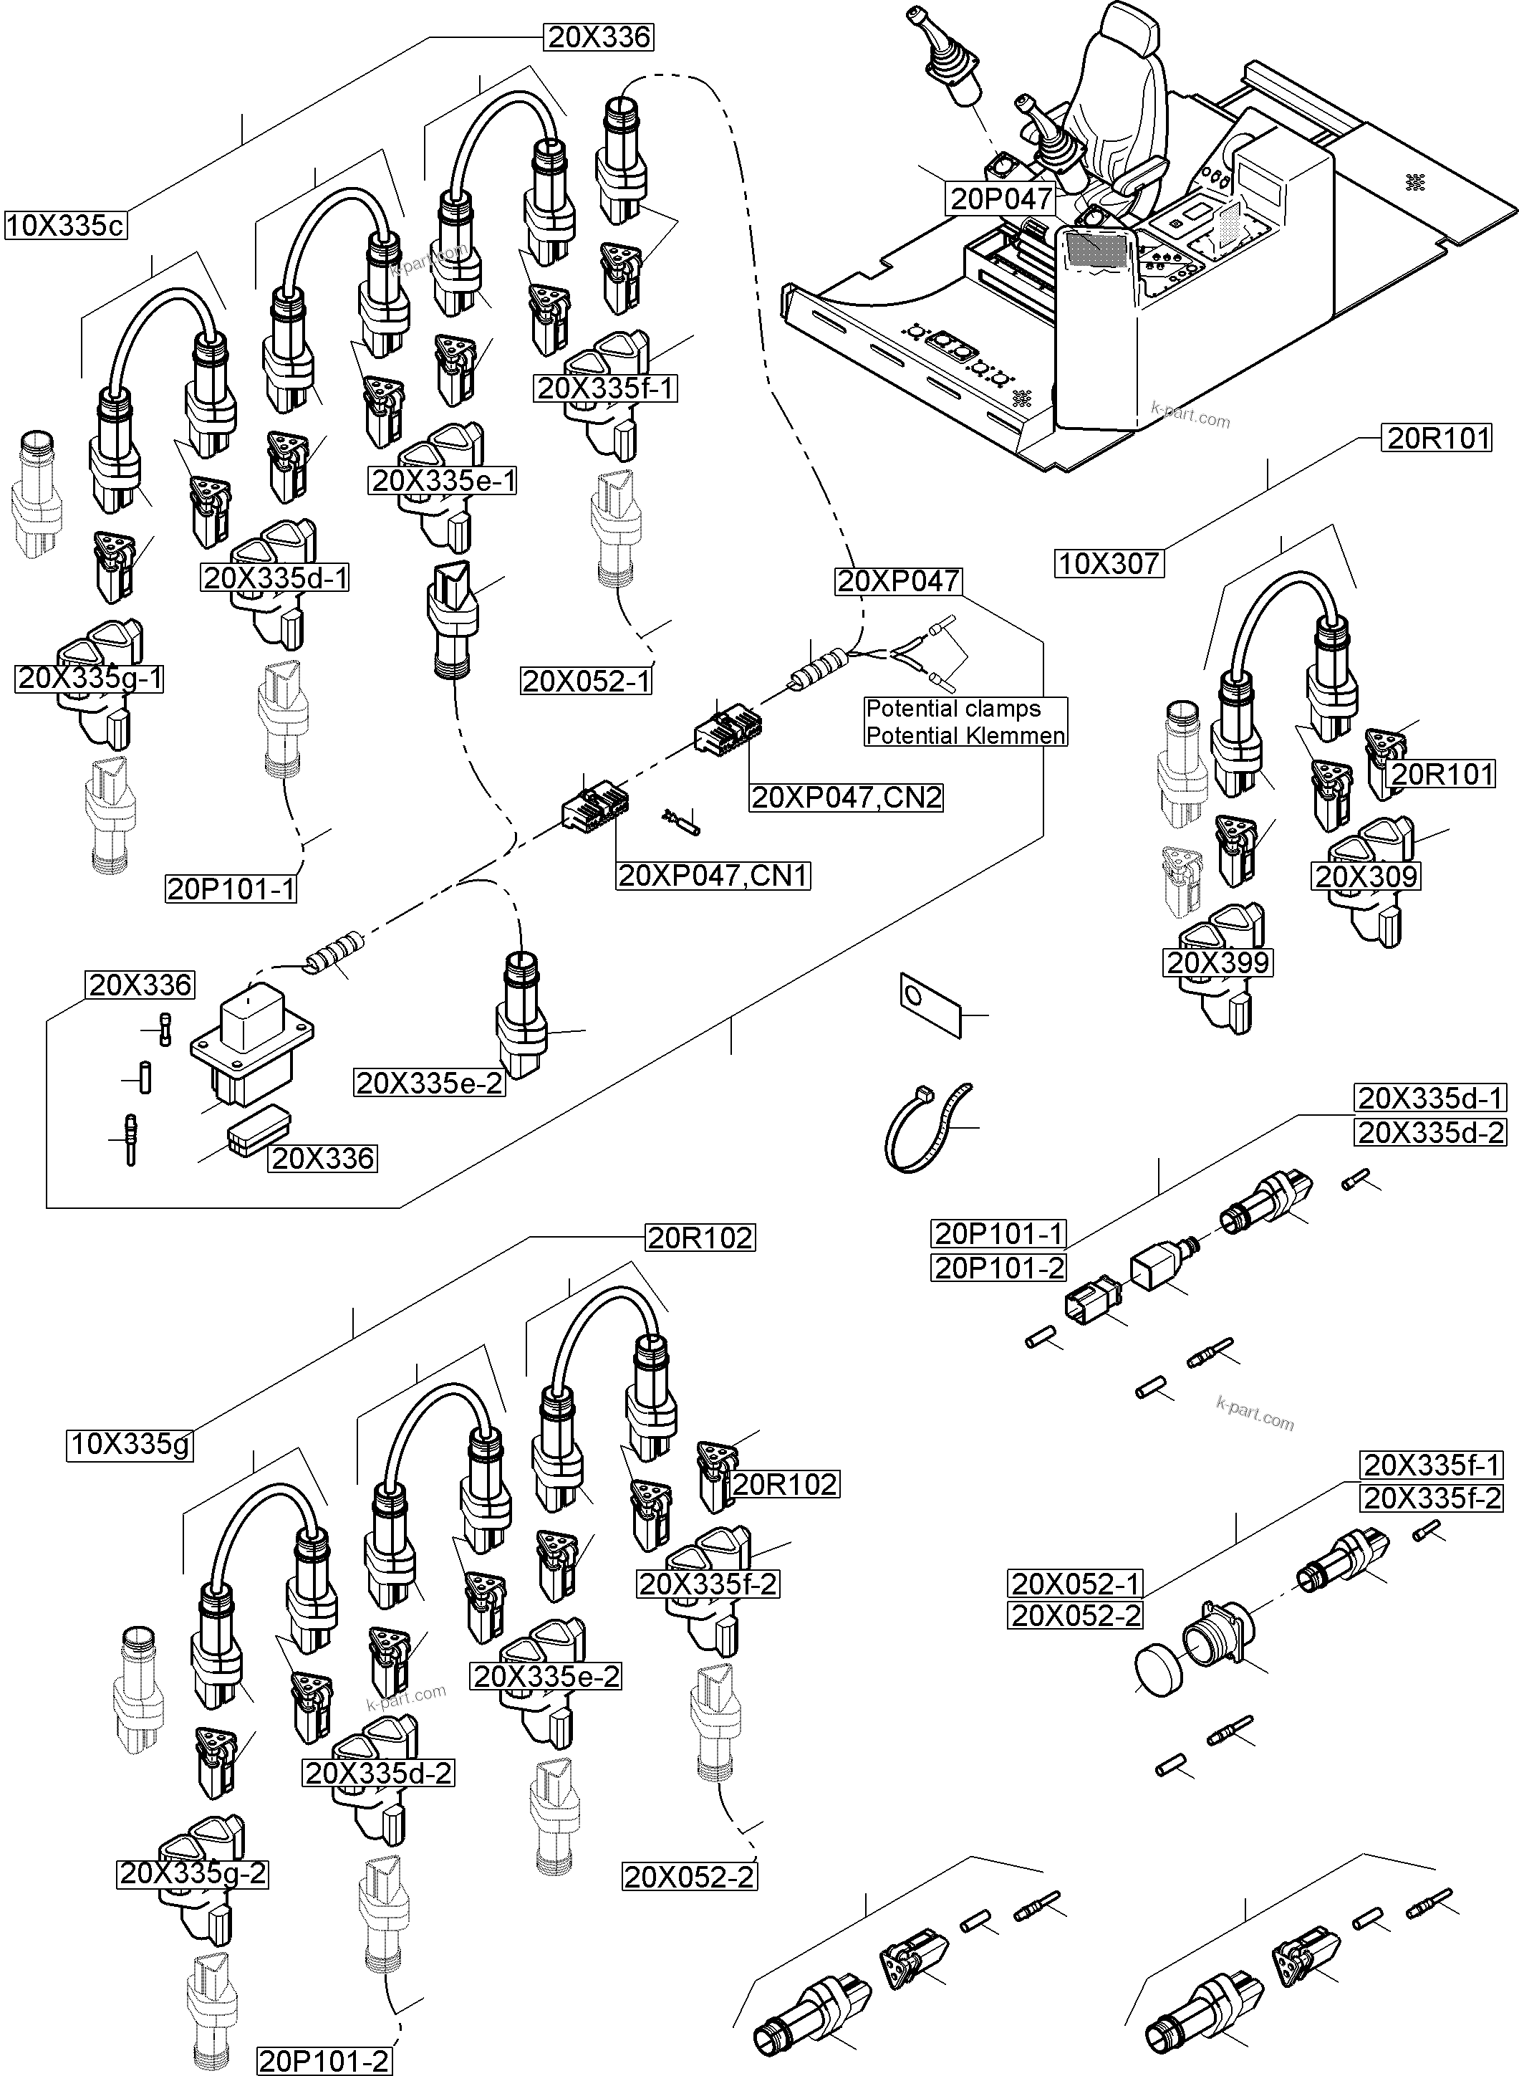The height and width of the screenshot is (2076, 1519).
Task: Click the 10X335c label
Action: [65, 225]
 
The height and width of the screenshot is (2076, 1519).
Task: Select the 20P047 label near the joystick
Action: [1000, 198]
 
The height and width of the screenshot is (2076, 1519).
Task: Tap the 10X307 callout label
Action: [1109, 563]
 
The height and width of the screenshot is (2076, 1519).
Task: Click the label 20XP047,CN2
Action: [847, 797]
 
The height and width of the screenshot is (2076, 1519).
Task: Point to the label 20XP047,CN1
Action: [713, 875]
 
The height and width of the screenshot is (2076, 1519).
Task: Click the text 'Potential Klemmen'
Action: [965, 736]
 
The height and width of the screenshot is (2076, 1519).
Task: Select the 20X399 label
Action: [1217, 963]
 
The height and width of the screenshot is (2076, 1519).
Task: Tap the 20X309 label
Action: [1366, 876]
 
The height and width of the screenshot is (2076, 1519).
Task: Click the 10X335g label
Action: [130, 1444]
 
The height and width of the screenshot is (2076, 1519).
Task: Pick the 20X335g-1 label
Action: [90, 679]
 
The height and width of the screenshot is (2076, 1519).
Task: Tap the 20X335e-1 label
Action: [443, 480]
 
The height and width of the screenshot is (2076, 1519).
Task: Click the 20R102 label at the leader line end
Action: [700, 1238]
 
